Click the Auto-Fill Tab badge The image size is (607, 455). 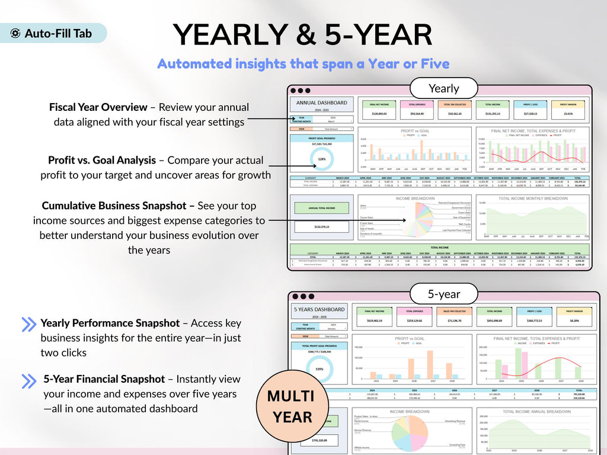[53, 33]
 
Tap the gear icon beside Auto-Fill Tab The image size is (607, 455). [15, 34]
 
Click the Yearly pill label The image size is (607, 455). [443, 88]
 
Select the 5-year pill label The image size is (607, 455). [443, 293]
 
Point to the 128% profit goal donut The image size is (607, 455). [322, 159]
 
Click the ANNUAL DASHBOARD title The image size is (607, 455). [322, 102]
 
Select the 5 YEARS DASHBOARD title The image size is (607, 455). [320, 309]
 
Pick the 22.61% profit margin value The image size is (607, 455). [568, 113]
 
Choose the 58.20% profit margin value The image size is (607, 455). [568, 321]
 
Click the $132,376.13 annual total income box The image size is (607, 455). [322, 226]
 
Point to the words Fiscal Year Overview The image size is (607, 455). [98, 107]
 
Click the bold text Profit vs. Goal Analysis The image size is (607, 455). [102, 160]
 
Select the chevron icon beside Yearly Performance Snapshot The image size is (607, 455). [28, 324]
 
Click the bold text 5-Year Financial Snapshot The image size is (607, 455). [104, 379]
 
